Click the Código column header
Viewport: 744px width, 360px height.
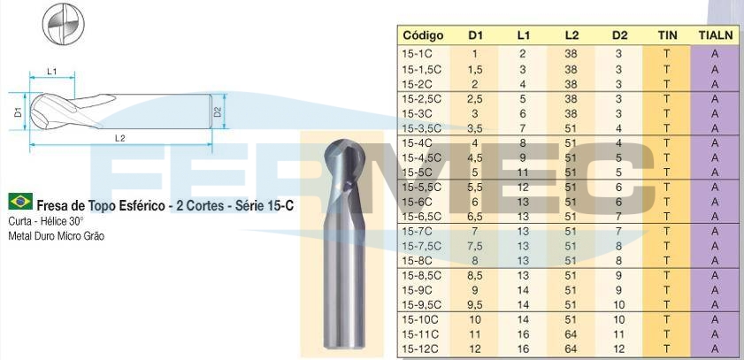coord(423,35)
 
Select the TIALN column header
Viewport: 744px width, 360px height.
coord(716,35)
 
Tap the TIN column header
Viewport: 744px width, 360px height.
coord(667,35)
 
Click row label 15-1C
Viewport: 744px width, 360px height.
coord(417,54)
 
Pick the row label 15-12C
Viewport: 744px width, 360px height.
coord(419,349)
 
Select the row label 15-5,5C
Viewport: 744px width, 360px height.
coord(421,188)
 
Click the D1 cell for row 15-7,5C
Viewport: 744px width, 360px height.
coord(474,246)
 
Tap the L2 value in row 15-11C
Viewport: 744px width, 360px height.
coord(571,335)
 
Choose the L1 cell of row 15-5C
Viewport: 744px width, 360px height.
coord(523,172)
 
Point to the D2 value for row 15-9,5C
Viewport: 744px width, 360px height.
coord(618,305)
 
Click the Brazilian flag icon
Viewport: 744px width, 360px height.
coord(20,202)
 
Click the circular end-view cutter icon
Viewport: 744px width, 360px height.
coord(63,24)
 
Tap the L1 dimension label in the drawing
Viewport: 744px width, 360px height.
coord(52,72)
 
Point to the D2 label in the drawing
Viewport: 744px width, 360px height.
coord(218,112)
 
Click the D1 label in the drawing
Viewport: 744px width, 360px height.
coord(18,112)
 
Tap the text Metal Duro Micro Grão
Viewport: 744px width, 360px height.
coord(56,236)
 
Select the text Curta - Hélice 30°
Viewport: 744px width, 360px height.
coord(46,221)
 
